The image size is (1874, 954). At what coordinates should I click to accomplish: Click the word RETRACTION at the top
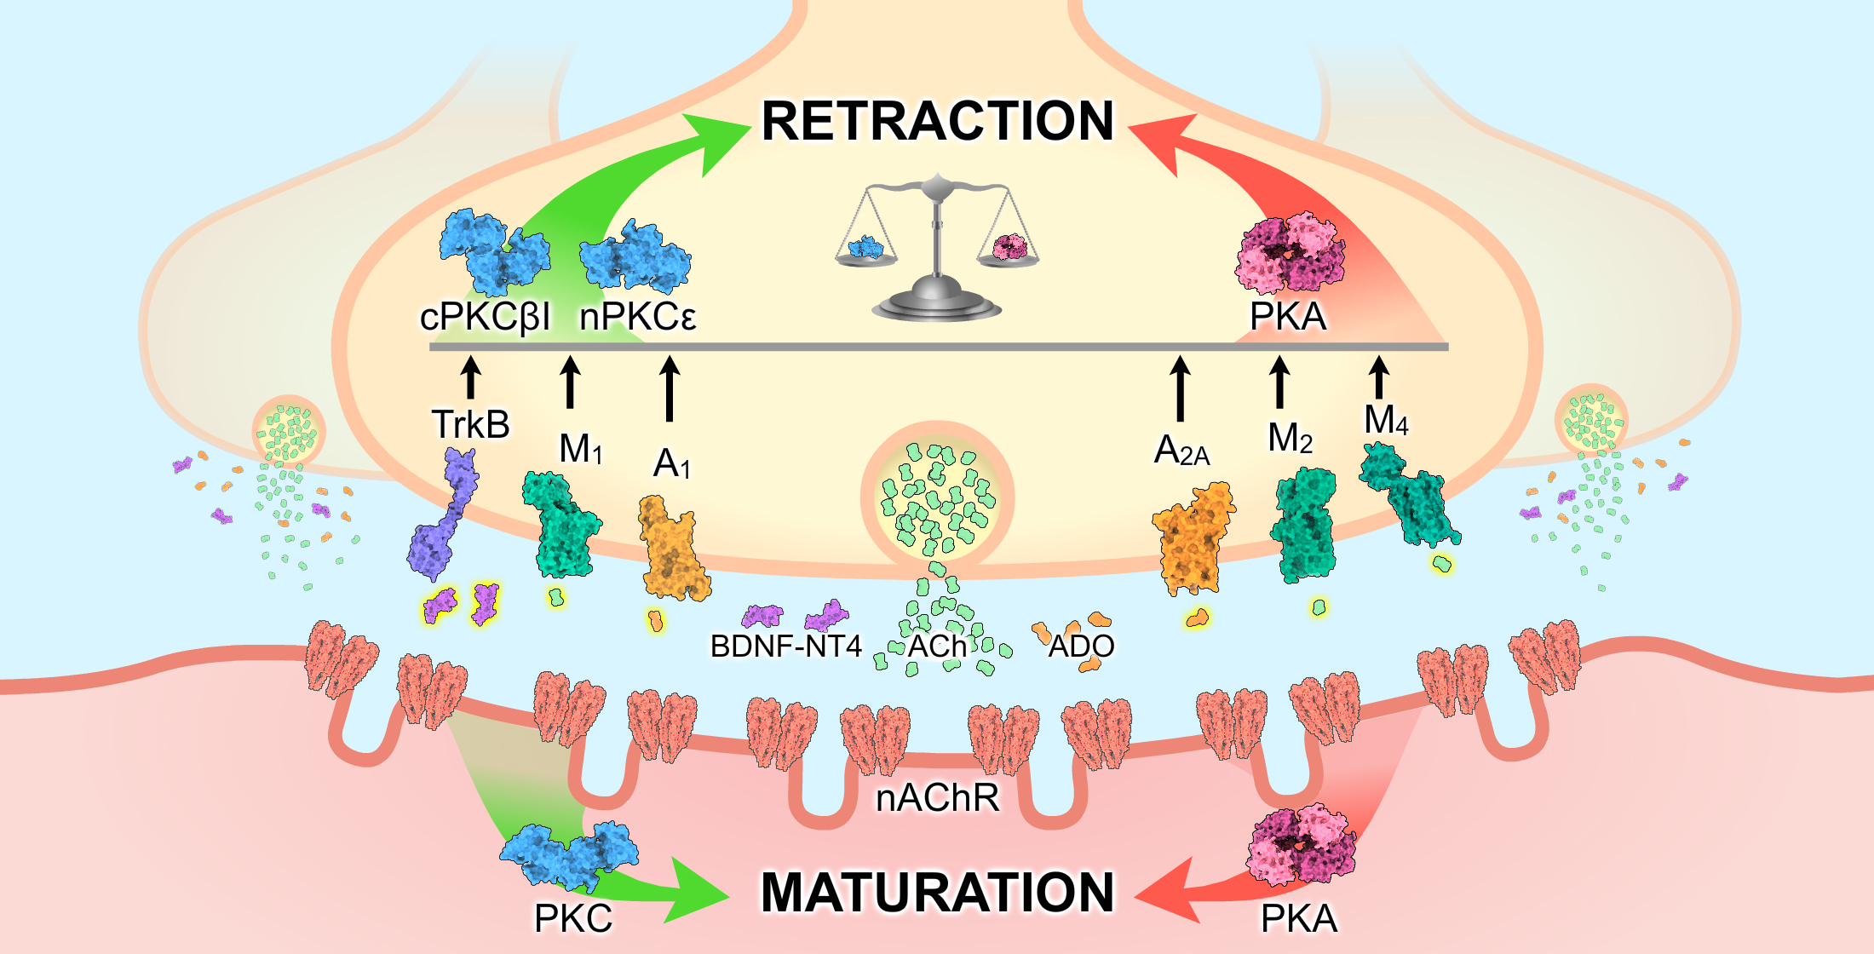point(937,121)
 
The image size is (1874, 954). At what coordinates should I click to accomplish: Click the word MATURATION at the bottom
point(937,893)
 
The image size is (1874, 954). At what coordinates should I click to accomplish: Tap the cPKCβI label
point(485,318)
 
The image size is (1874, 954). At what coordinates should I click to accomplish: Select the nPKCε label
point(637,318)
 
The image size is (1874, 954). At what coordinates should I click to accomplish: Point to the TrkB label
point(470,424)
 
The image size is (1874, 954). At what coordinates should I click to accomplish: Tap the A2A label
point(1181,451)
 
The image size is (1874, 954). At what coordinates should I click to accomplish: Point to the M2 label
point(1290,439)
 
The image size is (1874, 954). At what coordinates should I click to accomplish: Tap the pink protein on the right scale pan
point(1010,247)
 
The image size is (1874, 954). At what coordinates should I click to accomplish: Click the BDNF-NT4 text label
point(785,647)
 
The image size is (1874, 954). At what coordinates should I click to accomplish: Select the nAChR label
point(937,798)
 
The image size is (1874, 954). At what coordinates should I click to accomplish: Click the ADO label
point(1080,647)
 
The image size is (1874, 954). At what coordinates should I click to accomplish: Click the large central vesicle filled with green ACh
point(937,498)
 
